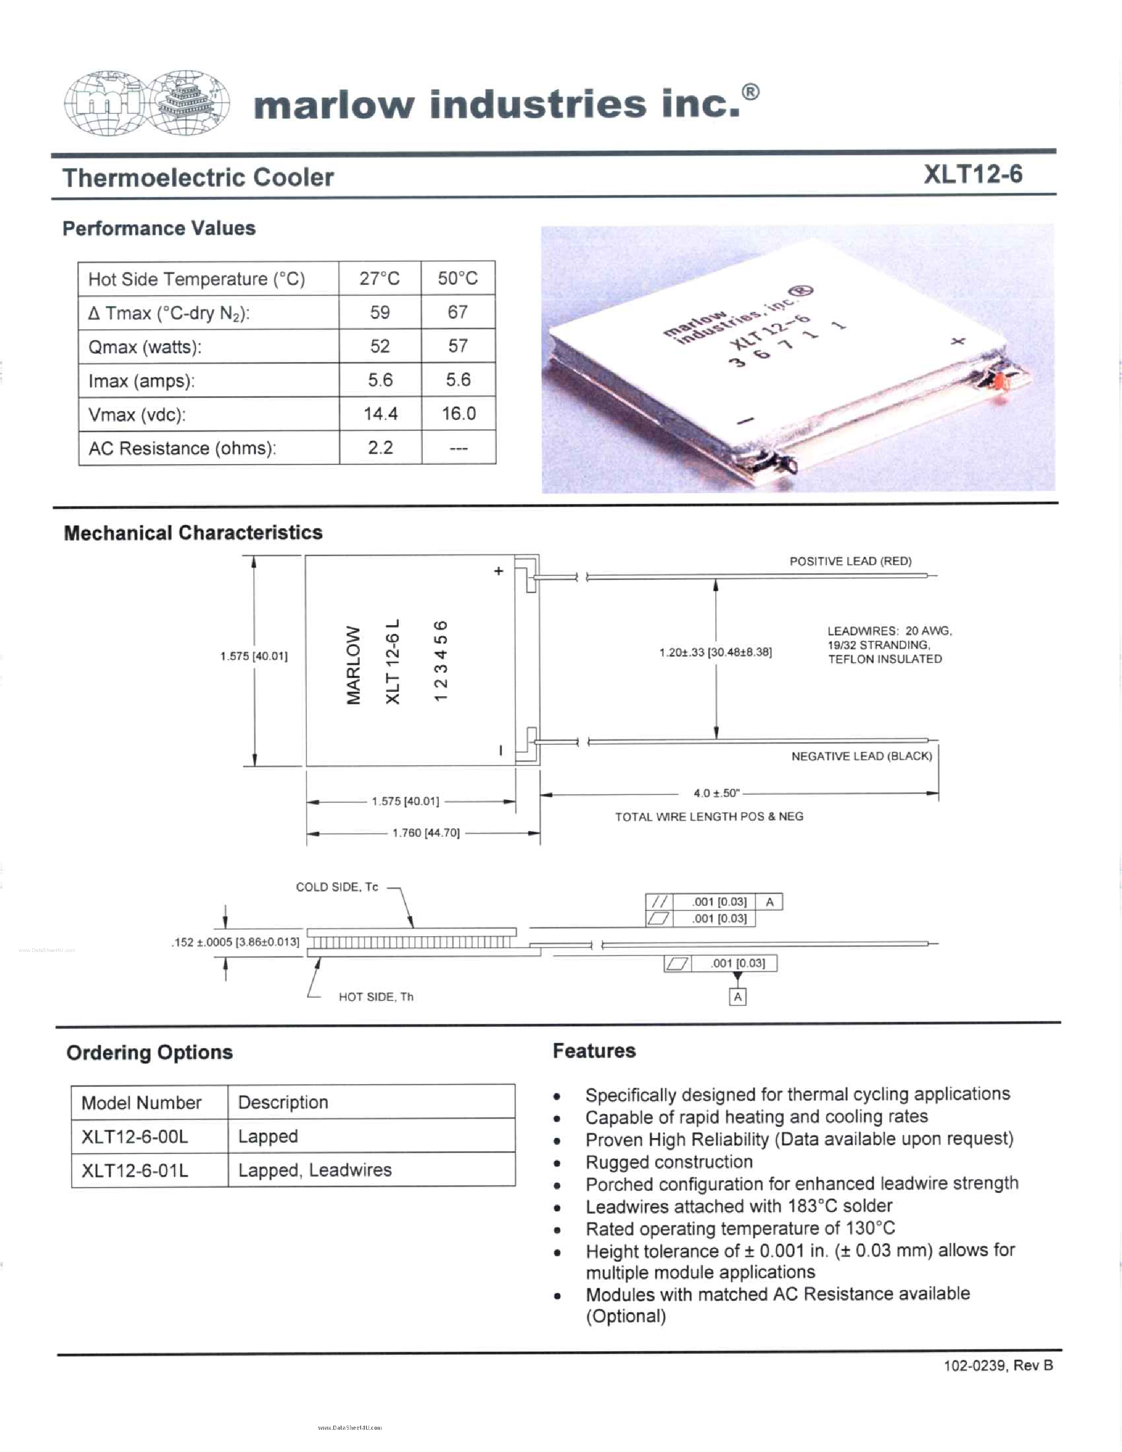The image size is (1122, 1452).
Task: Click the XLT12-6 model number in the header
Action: pos(973,174)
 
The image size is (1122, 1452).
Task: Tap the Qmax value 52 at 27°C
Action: pos(380,346)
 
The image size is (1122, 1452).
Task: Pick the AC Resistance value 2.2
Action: pos(380,447)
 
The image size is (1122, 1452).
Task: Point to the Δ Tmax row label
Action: pos(169,313)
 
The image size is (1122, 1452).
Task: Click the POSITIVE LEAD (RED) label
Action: pos(850,561)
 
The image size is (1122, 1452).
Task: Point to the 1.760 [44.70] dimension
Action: pos(426,833)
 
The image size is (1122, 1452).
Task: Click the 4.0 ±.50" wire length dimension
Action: pos(716,793)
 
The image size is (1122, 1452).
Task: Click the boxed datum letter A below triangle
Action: pos(737,996)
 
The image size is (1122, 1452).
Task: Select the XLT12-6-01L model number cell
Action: pos(135,1170)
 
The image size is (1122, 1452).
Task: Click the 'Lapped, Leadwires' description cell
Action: pos(314,1170)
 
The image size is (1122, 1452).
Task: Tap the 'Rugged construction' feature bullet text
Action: pos(668,1162)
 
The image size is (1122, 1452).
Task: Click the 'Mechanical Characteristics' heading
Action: pos(193,533)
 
